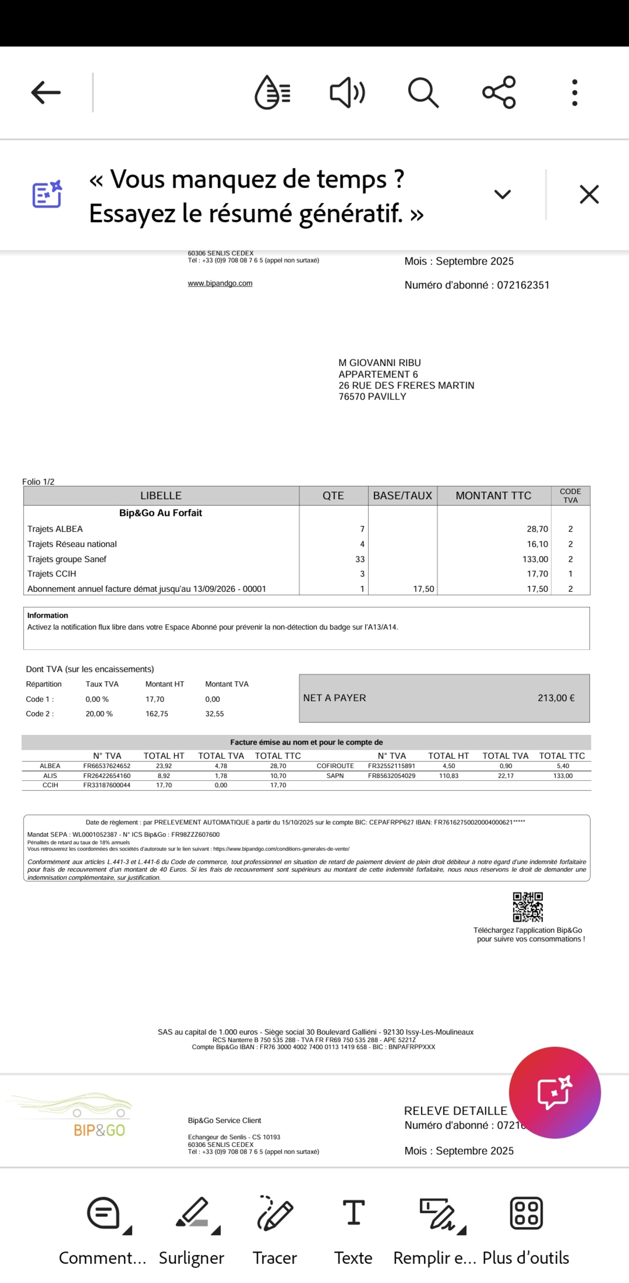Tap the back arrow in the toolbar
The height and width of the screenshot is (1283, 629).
(46, 93)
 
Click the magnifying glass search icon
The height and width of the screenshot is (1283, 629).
(423, 93)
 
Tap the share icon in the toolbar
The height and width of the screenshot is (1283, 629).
(499, 93)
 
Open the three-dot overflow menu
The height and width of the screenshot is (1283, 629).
(575, 93)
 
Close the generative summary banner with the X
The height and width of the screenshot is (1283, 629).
(589, 194)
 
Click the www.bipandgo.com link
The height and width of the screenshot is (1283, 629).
(220, 283)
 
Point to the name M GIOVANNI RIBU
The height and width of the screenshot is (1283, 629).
(379, 363)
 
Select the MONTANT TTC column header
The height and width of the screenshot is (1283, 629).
(493, 496)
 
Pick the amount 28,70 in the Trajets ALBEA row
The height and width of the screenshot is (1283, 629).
(537, 529)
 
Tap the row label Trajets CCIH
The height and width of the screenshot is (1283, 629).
(52, 574)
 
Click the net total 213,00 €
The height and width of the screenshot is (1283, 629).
(556, 698)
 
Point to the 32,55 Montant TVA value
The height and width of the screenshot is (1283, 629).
(214, 714)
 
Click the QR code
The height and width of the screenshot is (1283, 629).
(528, 907)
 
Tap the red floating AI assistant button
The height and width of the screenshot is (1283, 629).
(554, 1092)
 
